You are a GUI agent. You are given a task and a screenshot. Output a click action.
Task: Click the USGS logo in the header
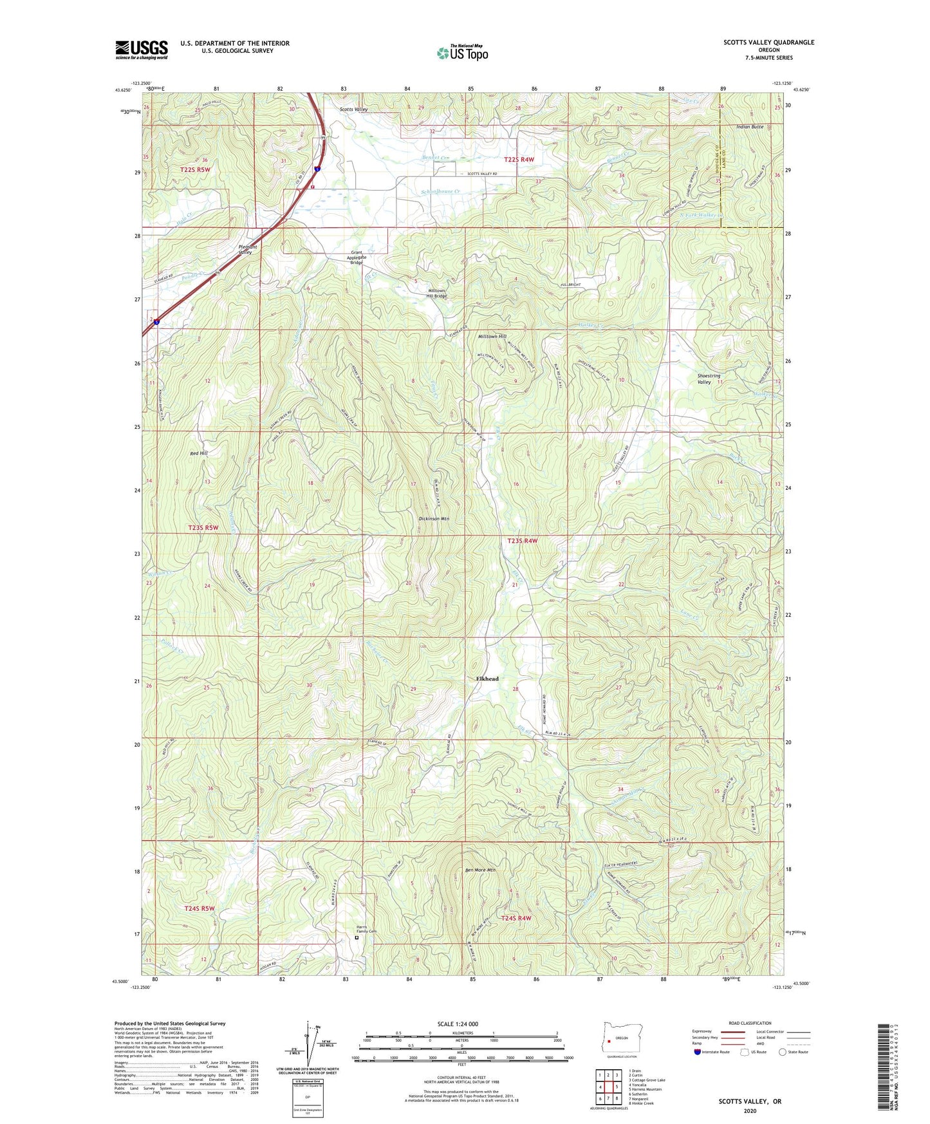pos(142,50)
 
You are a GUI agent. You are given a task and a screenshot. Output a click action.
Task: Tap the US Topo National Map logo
pos(462,52)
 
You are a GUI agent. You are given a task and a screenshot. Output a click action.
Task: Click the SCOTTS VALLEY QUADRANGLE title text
pos(768,42)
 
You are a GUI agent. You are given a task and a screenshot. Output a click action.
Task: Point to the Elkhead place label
pos(487,679)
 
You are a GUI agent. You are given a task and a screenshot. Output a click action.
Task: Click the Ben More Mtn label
pos(480,870)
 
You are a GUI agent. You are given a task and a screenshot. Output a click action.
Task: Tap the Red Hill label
pos(199,453)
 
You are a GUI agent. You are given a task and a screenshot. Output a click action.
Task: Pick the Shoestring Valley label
pos(709,379)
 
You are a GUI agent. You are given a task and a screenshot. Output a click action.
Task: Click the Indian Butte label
pos(750,127)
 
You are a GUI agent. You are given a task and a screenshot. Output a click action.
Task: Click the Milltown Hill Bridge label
pos(437,294)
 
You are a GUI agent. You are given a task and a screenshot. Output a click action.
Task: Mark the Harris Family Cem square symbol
pos(357,938)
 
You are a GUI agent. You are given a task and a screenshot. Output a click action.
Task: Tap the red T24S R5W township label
pos(199,908)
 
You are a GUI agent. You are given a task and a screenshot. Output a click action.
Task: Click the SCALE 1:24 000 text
pos(458,1024)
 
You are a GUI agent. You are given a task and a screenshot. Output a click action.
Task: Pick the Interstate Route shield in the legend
pos(698,1052)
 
